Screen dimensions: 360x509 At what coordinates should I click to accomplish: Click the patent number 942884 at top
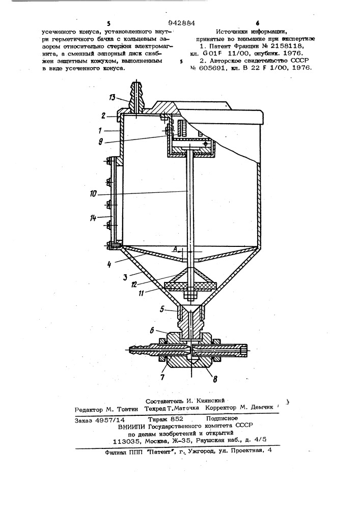point(181,23)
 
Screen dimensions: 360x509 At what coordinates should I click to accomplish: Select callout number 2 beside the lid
point(103,115)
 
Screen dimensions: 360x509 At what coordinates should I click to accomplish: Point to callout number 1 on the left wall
point(100,131)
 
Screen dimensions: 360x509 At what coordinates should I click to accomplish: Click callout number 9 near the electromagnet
point(102,142)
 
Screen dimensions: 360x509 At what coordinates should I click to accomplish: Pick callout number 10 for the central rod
point(93,194)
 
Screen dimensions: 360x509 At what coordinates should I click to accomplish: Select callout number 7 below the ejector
point(162,377)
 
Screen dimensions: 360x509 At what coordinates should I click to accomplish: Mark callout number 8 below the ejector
point(215,378)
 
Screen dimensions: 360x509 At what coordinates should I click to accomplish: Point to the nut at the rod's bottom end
point(189,296)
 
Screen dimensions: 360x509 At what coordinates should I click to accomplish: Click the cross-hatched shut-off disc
point(190,286)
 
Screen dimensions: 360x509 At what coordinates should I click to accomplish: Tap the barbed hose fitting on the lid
point(136,96)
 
